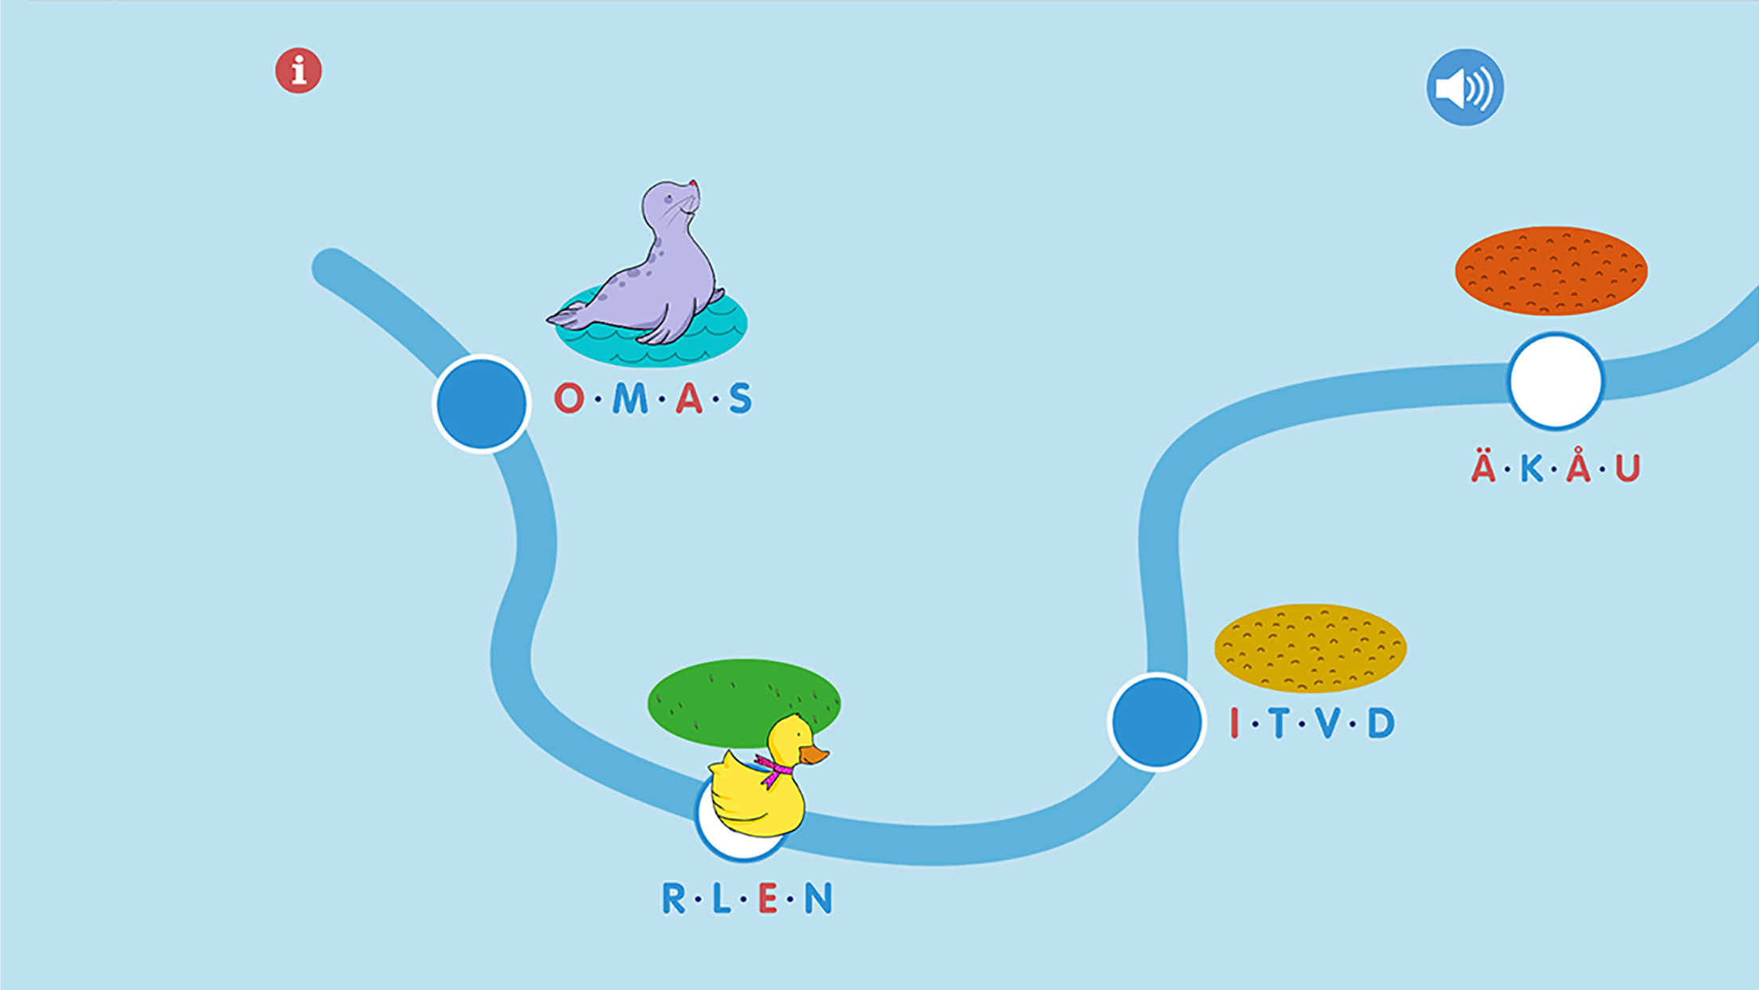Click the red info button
point(299,71)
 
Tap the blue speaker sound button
point(1464,88)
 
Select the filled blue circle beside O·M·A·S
point(481,403)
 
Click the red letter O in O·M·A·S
point(569,398)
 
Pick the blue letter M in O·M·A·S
point(630,398)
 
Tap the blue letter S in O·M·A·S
point(740,398)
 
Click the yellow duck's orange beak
point(814,754)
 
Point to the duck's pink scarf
point(774,769)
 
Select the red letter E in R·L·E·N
point(768,898)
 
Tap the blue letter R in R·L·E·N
point(674,898)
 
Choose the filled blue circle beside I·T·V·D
point(1157,721)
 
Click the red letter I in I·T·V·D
point(1235,723)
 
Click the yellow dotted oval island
point(1310,647)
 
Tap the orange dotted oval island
point(1551,270)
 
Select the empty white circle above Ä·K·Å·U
point(1556,382)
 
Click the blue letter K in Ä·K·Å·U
point(1531,468)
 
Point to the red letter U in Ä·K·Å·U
point(1628,468)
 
